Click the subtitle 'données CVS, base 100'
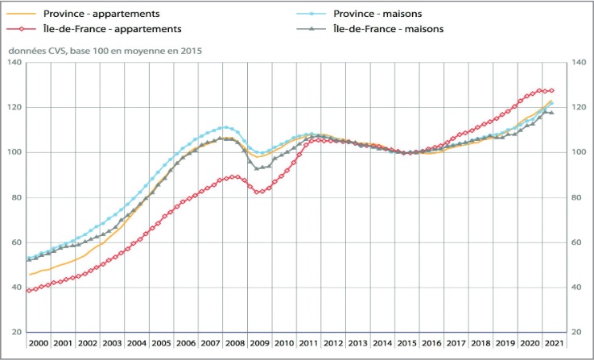[105, 51]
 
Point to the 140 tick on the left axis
[13, 63]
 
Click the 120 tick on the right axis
[580, 108]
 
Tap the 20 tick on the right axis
[578, 333]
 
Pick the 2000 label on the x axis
[39, 342]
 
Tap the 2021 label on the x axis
[554, 342]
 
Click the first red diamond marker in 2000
[29, 291]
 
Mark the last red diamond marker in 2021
[551, 90]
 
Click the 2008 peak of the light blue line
[225, 127]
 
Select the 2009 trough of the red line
[258, 192]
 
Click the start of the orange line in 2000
[30, 275]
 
